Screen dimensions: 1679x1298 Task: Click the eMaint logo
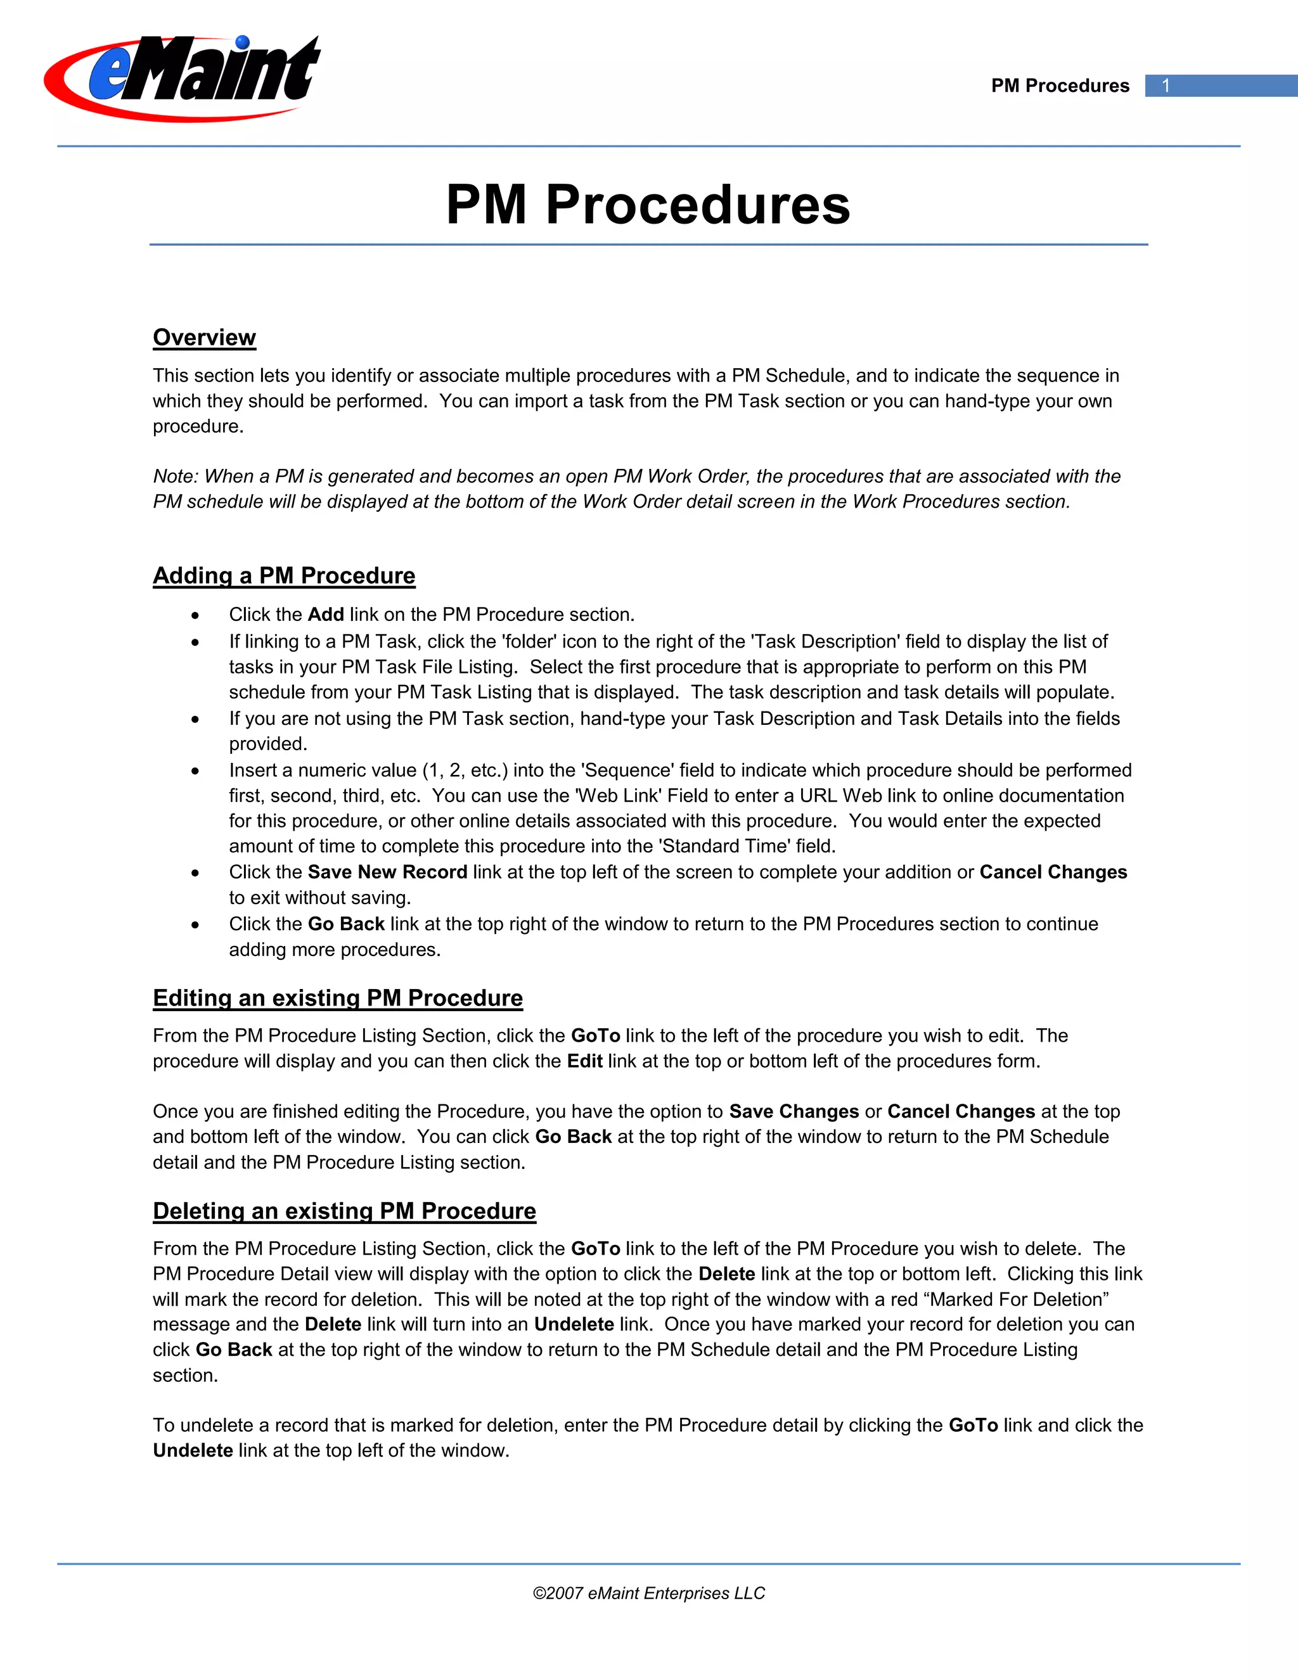tap(183, 78)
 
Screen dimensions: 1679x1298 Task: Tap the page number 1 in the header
tap(1166, 86)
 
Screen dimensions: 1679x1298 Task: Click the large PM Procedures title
tap(648, 205)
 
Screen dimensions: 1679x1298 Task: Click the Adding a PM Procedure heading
tap(284, 575)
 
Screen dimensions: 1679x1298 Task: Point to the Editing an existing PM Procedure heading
tap(338, 997)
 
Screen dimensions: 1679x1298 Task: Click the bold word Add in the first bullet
tap(325, 614)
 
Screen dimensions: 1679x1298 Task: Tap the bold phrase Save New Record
tap(387, 872)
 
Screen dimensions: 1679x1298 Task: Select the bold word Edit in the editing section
tap(584, 1061)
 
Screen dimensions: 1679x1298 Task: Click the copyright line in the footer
tap(648, 1593)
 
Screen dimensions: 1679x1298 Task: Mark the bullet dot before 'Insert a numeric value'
tap(195, 770)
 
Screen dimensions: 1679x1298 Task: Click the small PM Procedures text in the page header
tap(1060, 86)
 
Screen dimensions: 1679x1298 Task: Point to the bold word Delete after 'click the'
tap(726, 1274)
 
